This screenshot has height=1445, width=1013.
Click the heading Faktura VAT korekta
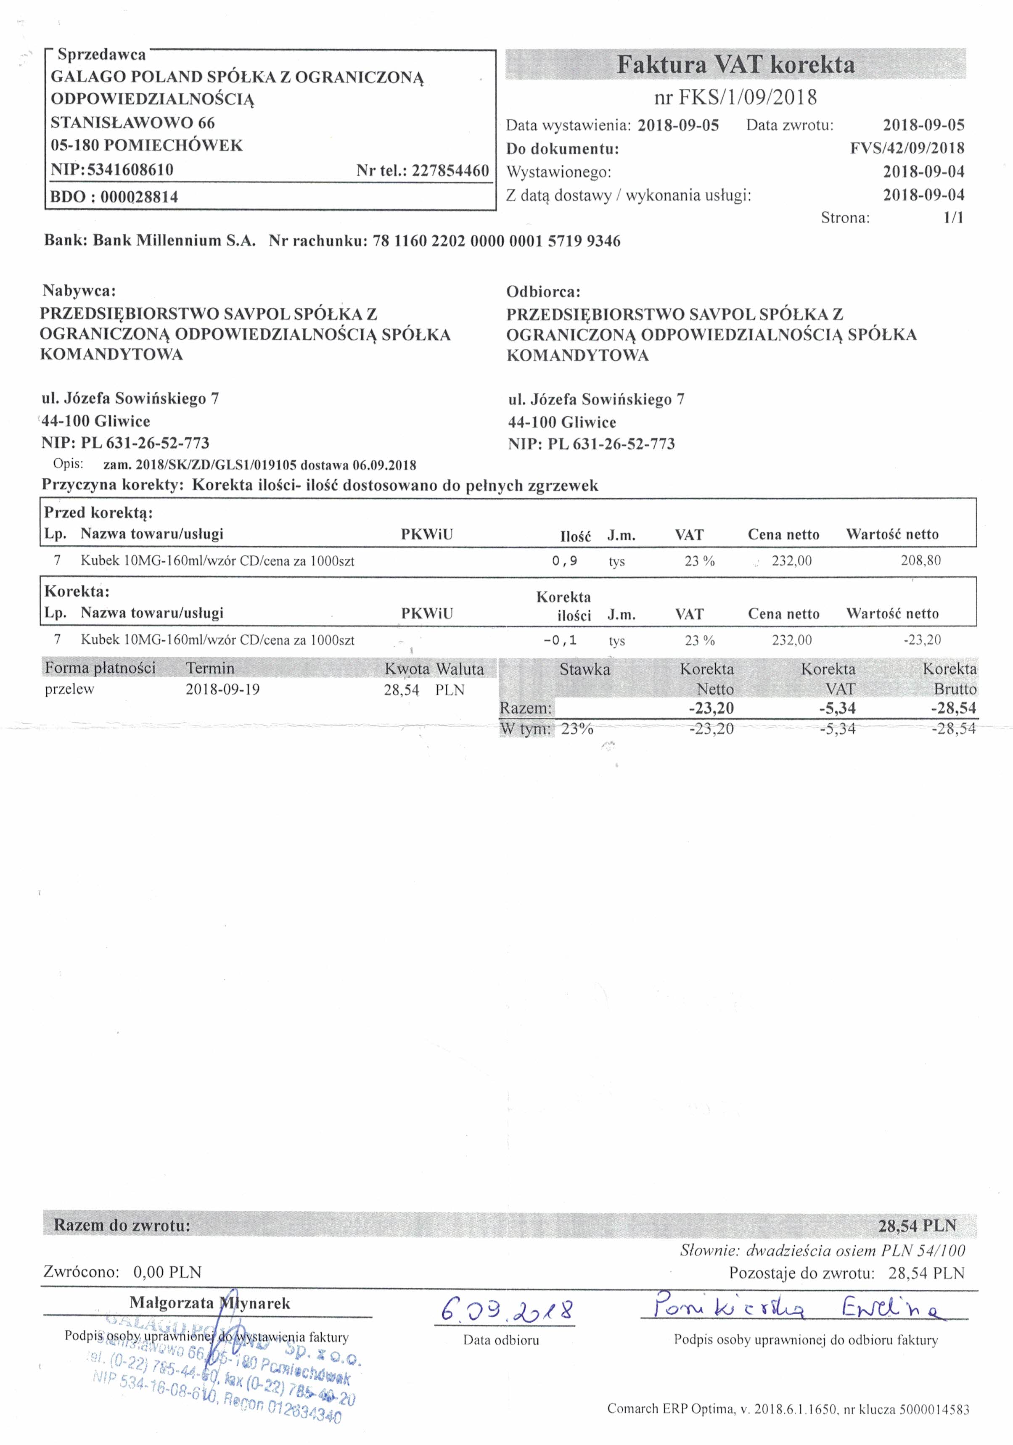tap(735, 65)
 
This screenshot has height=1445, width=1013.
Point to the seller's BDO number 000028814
tap(139, 197)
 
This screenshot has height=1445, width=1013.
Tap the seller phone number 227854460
tap(450, 171)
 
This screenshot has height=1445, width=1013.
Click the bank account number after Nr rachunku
tap(496, 241)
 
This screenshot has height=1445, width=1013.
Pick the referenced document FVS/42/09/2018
tap(907, 148)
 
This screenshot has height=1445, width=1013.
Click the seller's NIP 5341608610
tap(130, 170)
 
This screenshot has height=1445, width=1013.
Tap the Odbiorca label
tap(543, 292)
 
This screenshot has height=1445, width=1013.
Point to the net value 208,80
tap(920, 560)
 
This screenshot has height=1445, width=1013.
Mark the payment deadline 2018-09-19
tap(222, 689)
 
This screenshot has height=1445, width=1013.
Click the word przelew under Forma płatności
tap(69, 689)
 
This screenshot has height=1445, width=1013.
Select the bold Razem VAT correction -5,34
tap(837, 708)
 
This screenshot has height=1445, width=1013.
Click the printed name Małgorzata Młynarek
tap(210, 1303)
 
